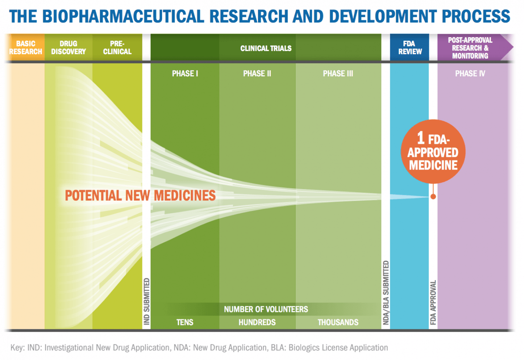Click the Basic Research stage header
26,48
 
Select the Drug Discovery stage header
68,48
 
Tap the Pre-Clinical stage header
117,48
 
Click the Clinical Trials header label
265,48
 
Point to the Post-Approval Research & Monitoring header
470,48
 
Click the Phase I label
185,73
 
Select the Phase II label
257,73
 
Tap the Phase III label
338,73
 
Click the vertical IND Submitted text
146,301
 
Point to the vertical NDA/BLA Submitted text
386,293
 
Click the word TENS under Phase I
185,322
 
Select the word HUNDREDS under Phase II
257,322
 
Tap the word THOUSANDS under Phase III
338,322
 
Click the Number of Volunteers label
265,309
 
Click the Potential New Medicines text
140,195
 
